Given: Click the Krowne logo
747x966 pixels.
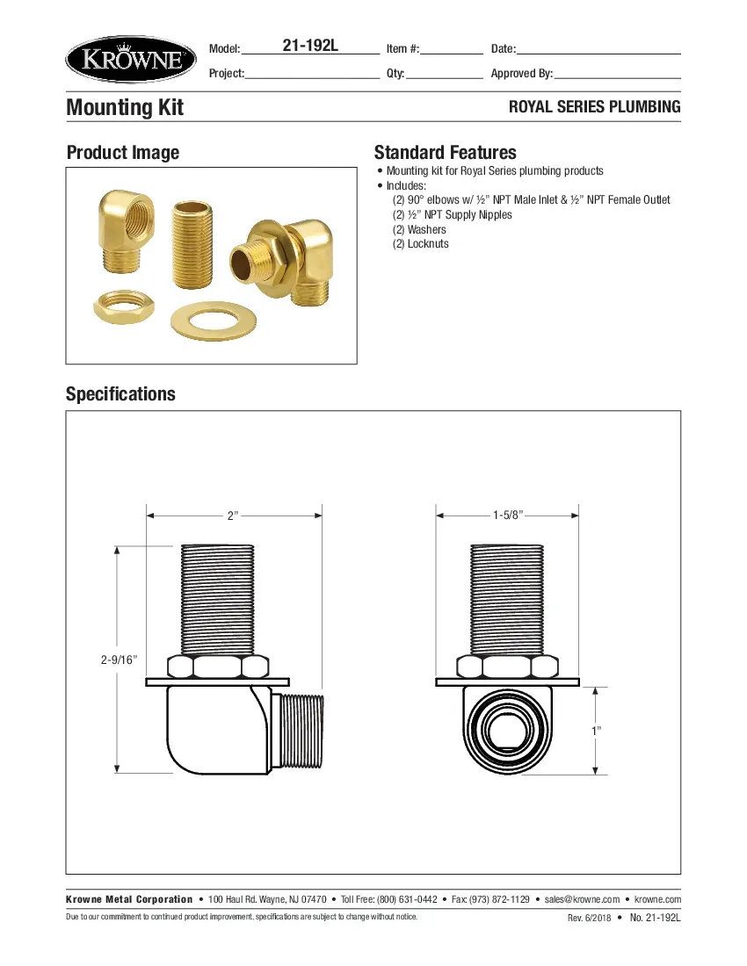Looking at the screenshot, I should coord(129,59).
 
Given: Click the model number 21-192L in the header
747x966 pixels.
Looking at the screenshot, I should coord(309,47).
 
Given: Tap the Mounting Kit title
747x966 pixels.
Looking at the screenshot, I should coord(125,108).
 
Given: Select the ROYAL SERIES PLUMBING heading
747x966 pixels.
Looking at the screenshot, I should coord(595,107).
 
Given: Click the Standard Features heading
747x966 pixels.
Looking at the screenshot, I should coord(445,152).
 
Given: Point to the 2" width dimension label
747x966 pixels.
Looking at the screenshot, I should coord(233,515).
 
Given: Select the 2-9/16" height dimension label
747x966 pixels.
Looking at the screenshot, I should coord(119,660).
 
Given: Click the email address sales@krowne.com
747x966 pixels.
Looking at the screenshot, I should coord(582,899).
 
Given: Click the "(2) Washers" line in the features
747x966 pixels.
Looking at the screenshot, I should coord(419,229).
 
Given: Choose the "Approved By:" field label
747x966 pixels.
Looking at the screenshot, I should coord(521,74).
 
